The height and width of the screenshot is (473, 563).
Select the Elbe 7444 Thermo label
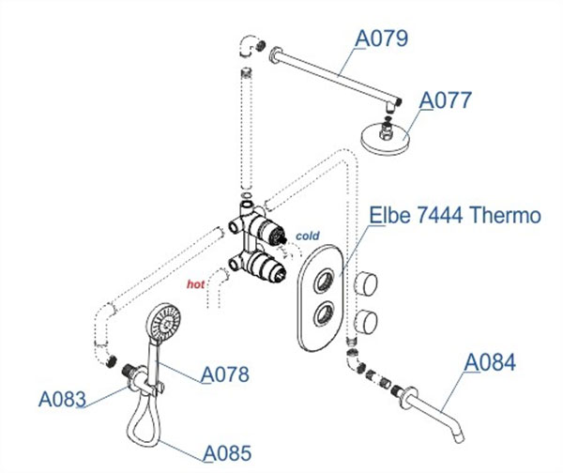pos(456,216)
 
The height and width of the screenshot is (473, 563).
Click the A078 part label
pos(224,374)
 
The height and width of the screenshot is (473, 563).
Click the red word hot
pos(195,282)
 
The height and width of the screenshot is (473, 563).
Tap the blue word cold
pos(309,235)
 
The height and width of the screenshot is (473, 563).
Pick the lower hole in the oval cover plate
pos(326,313)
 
